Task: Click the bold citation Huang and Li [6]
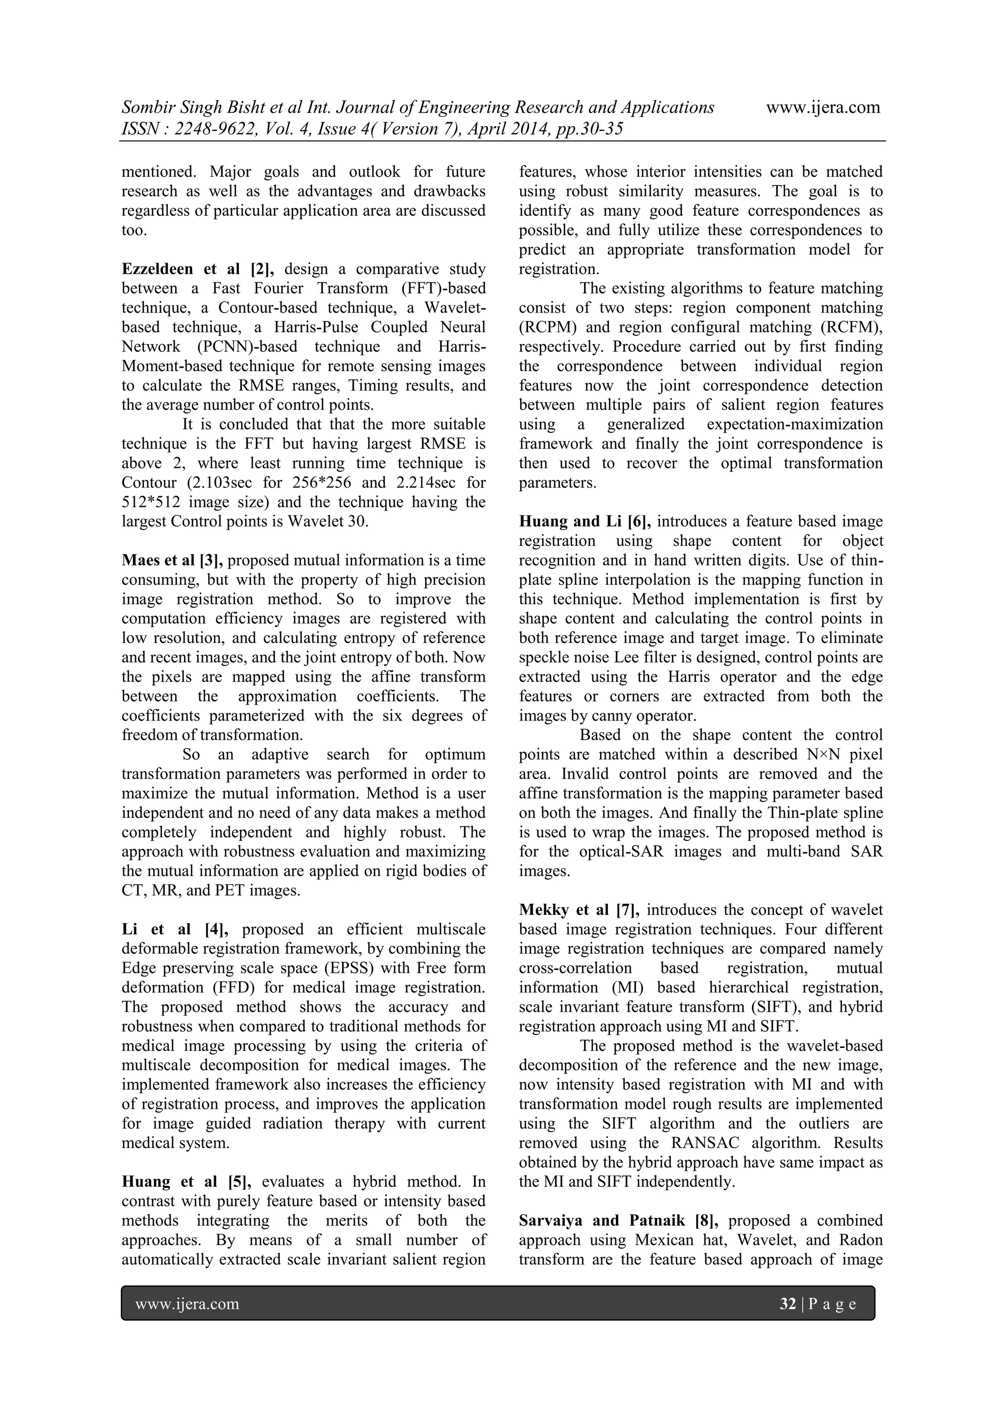(x=584, y=521)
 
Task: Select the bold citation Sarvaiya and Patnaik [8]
(x=619, y=1221)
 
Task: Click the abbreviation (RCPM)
(x=544, y=327)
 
